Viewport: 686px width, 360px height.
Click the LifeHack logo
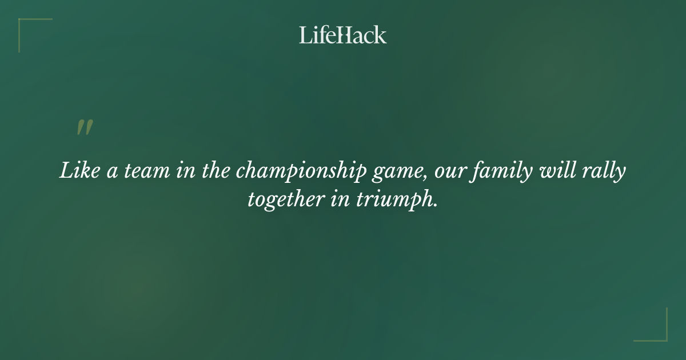(x=343, y=35)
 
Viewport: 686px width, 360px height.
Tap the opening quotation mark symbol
(x=85, y=127)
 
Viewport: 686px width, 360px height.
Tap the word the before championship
(x=218, y=171)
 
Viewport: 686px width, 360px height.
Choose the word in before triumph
(x=340, y=200)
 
